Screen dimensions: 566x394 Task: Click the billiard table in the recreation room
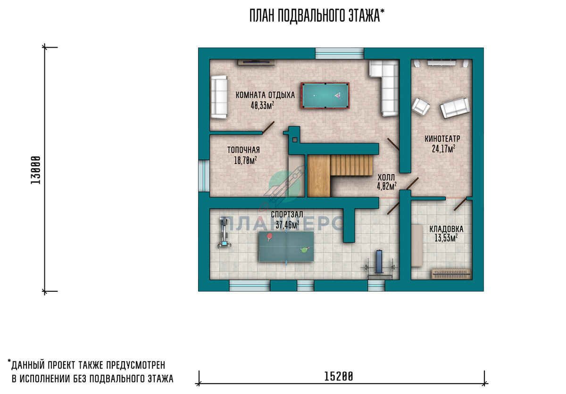tap(325, 96)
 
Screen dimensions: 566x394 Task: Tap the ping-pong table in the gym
tap(286, 246)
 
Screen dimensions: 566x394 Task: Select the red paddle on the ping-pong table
tap(269, 237)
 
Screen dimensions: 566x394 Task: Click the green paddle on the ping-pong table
tap(305, 250)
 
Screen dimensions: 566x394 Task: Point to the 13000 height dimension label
tap(35, 170)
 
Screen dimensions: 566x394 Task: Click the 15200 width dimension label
tap(338, 377)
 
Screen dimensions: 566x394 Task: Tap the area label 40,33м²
tap(262, 105)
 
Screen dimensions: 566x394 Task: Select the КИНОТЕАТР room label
tap(442, 139)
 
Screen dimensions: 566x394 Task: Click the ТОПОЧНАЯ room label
tap(243, 150)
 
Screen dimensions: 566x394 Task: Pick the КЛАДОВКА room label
tap(446, 229)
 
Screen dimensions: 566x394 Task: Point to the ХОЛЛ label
tap(386, 177)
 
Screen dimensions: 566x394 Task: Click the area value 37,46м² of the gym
tap(287, 224)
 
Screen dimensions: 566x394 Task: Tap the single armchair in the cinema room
tap(420, 107)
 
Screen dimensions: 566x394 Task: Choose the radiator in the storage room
tap(451, 274)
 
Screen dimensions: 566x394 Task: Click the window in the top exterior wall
tap(340, 54)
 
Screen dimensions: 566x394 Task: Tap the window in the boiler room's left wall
tap(204, 176)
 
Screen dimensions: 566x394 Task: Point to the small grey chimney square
tap(295, 140)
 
